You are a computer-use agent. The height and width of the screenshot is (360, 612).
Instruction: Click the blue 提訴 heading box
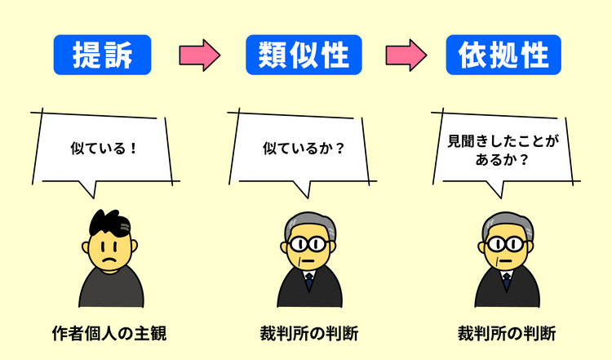103,55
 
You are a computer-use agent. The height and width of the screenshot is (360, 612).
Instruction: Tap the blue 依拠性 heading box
503,55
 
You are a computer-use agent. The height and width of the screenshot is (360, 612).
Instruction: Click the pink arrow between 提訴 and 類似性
200,55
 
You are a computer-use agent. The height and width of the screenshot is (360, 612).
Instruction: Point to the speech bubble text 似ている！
102,149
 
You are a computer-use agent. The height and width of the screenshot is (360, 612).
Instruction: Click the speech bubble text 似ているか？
304,149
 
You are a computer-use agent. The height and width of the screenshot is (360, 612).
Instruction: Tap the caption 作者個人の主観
109,334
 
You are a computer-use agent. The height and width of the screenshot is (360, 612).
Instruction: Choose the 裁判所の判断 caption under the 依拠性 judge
507,334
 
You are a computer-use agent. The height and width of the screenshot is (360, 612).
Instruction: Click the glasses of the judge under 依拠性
506,242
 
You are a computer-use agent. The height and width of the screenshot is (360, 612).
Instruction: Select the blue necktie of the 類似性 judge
309,282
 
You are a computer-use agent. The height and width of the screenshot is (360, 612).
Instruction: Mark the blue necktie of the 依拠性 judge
507,282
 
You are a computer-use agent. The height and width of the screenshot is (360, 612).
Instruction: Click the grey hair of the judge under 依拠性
505,220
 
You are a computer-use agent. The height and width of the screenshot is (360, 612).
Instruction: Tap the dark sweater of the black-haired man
111,290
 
